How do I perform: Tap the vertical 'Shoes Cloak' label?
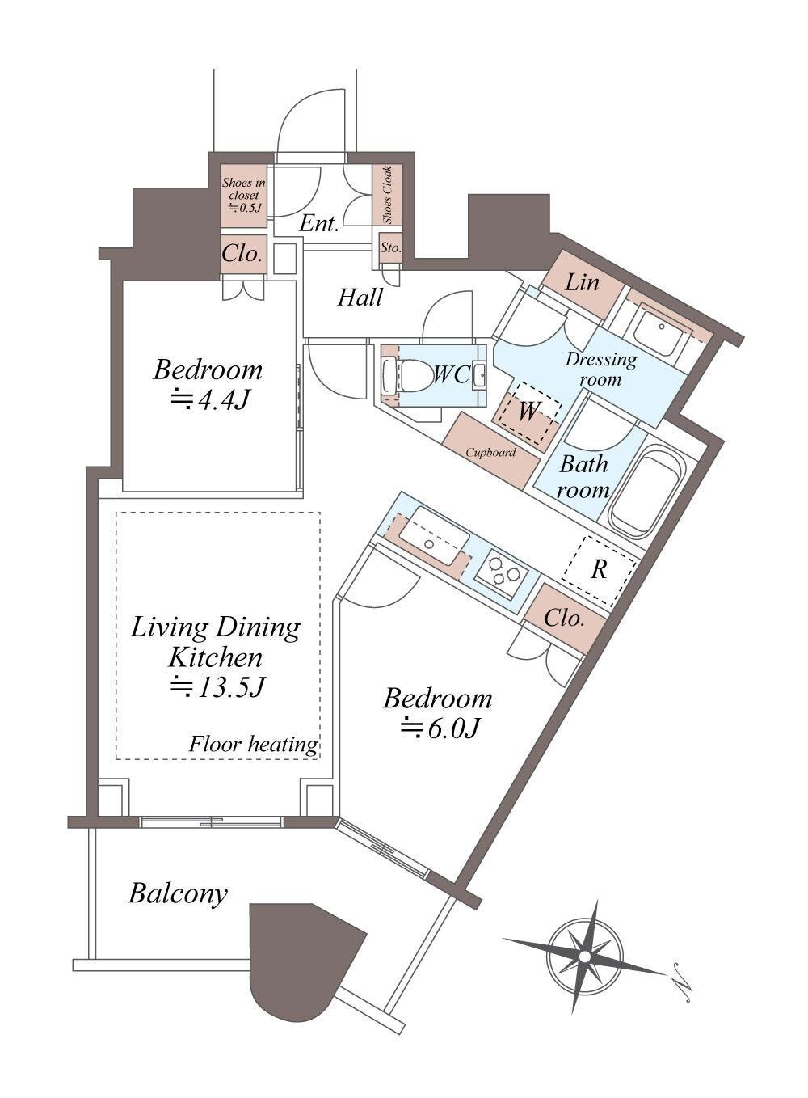387,195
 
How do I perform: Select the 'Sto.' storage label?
390,248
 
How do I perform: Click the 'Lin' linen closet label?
582,282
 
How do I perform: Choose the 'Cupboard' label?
490,453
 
